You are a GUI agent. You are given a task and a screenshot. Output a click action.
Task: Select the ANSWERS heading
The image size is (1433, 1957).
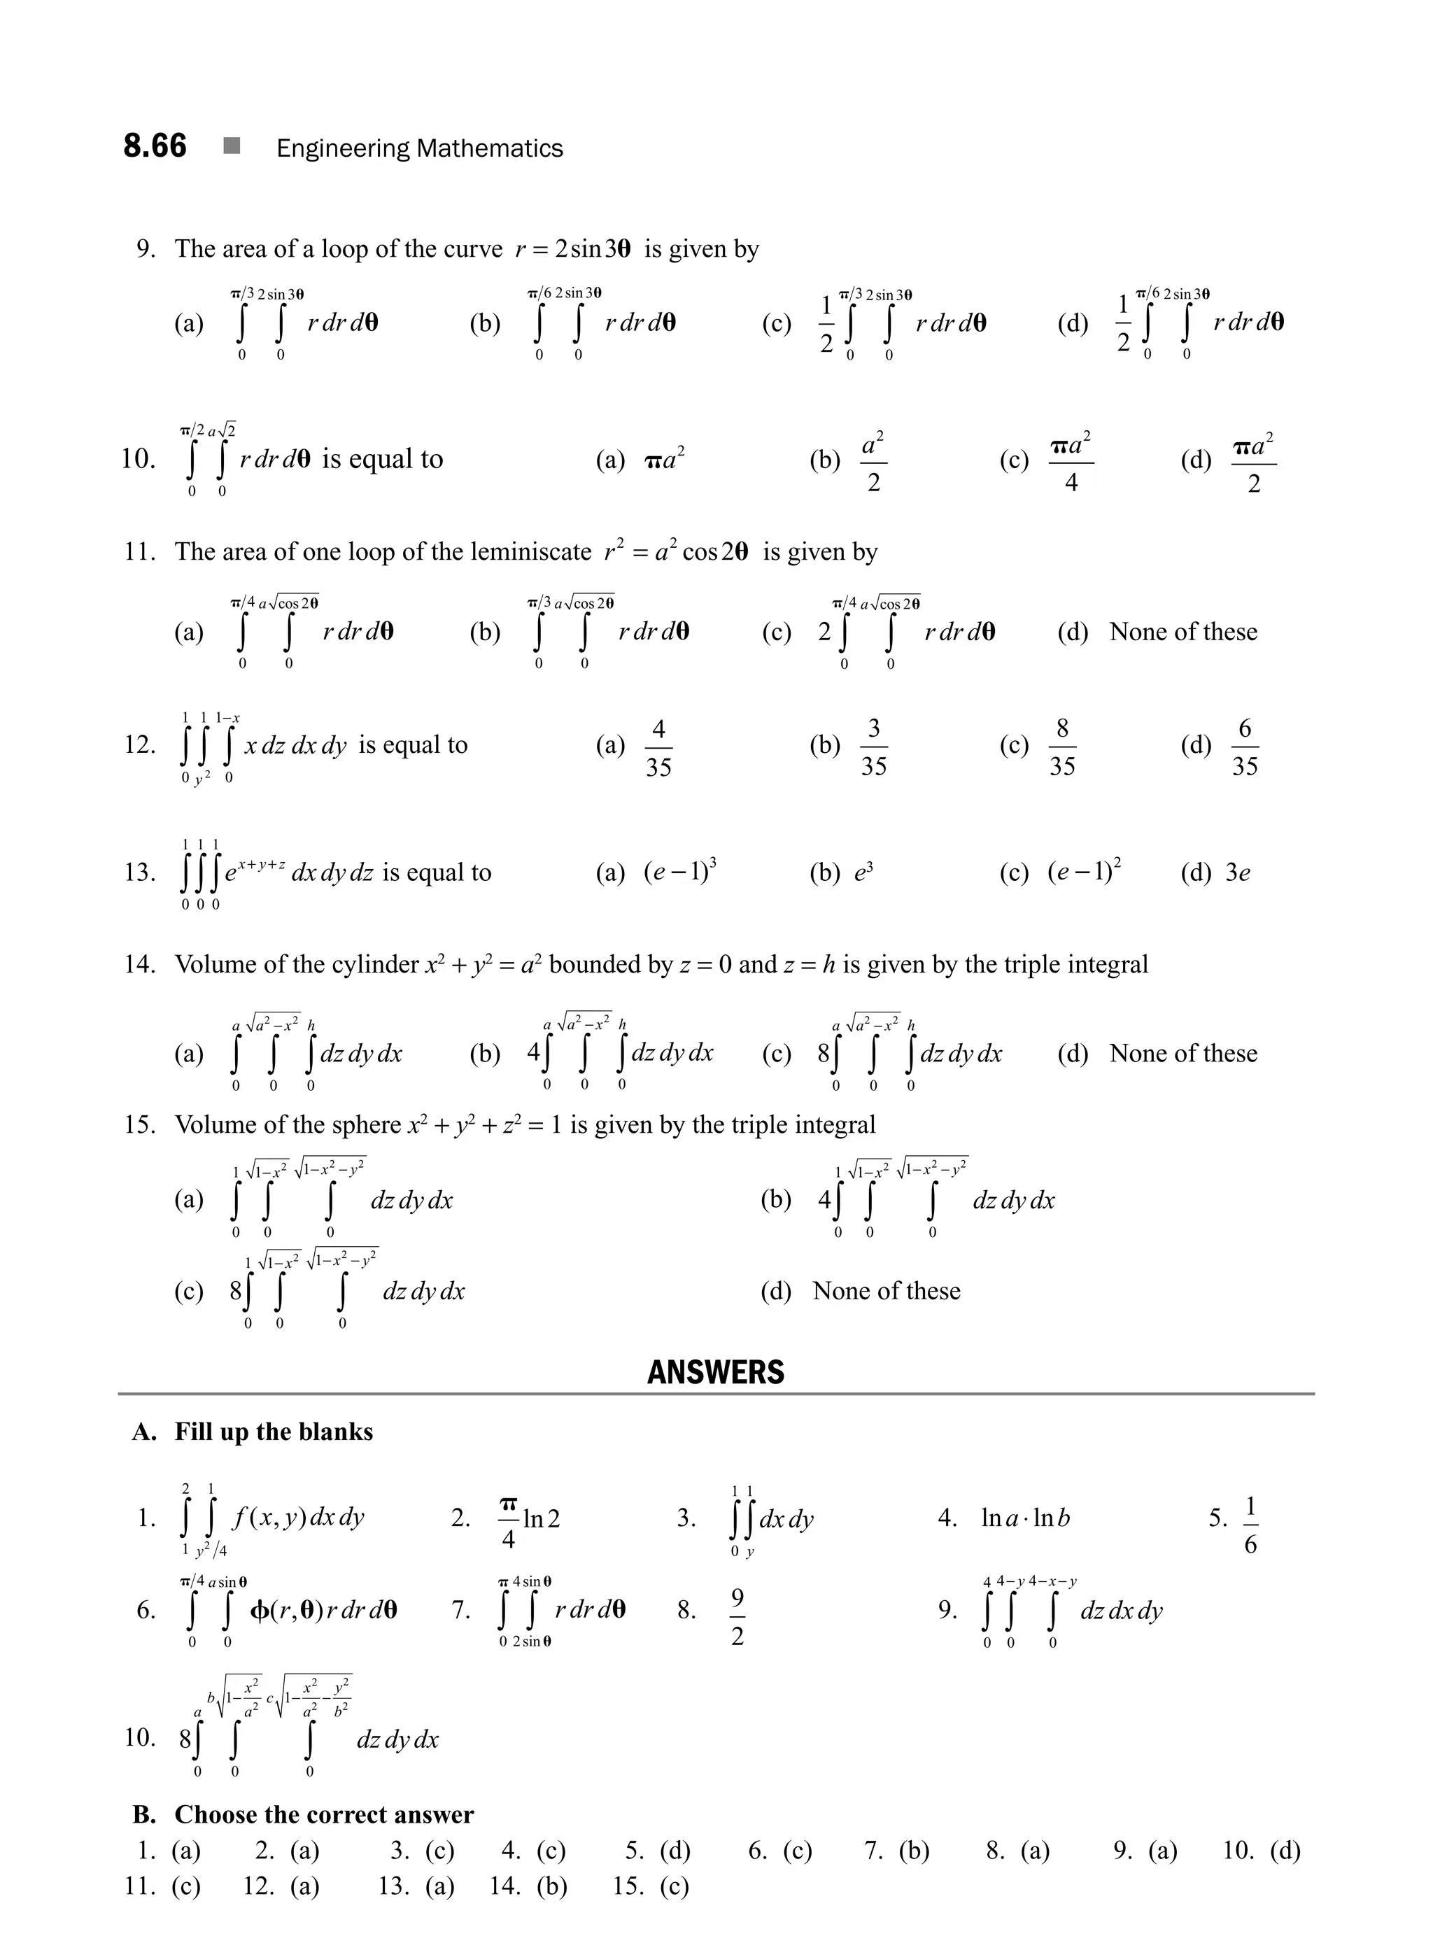tap(716, 1371)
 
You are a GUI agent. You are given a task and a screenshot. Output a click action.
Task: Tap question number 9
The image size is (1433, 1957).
tap(146, 249)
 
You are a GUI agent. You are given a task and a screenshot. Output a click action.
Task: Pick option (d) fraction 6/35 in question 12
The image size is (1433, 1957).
tap(1244, 747)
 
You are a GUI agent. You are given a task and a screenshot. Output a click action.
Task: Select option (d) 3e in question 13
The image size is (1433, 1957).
tap(1238, 872)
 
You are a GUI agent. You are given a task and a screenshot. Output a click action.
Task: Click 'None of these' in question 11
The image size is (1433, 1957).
tap(1183, 632)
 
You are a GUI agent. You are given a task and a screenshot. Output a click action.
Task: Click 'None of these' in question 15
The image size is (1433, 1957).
tap(886, 1291)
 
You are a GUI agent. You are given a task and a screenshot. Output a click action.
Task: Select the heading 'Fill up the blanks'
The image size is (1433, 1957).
tap(274, 1432)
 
